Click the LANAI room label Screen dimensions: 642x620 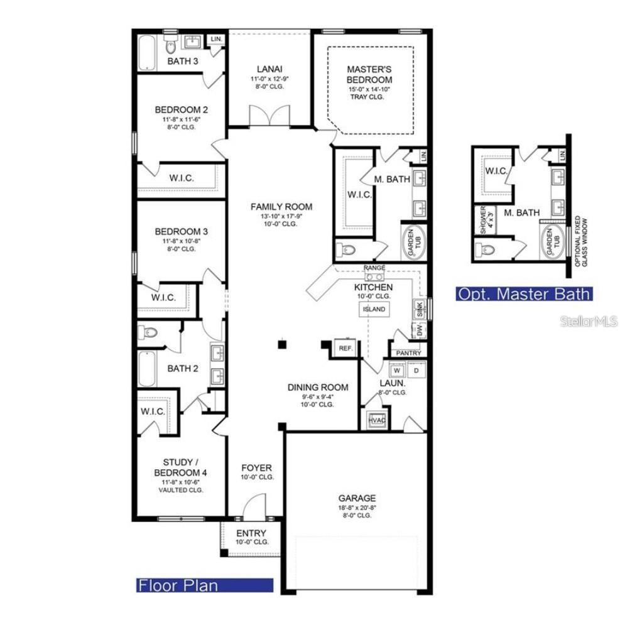[269, 69]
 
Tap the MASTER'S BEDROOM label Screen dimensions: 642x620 [370, 75]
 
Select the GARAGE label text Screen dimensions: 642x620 [358, 498]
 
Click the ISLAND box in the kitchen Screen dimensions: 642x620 [374, 309]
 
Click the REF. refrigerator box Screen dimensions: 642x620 [345, 348]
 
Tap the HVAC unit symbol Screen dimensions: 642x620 [376, 420]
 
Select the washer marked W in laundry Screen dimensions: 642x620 [397, 370]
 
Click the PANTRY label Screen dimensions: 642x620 [408, 353]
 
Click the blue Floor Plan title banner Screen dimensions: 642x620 [205, 585]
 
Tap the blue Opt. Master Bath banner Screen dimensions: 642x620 [523, 293]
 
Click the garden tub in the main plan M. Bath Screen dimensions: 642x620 [413, 241]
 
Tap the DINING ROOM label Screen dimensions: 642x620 [318, 388]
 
